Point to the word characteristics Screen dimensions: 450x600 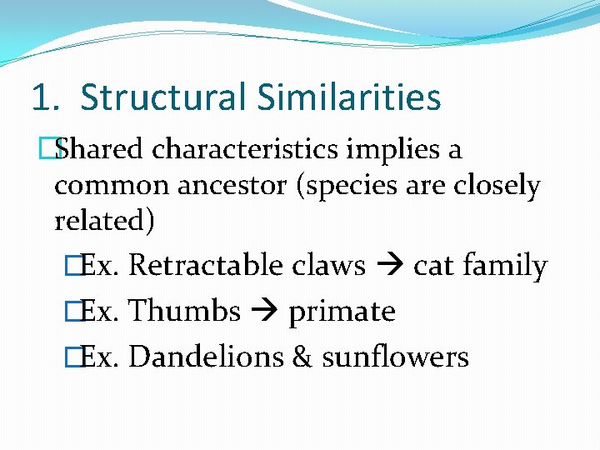pos(246,150)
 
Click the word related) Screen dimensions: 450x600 pos(104,222)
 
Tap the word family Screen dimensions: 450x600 pos(506,267)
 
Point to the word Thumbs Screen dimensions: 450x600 pos(185,312)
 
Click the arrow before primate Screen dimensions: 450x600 pos(264,312)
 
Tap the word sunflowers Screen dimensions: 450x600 pos(395,357)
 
